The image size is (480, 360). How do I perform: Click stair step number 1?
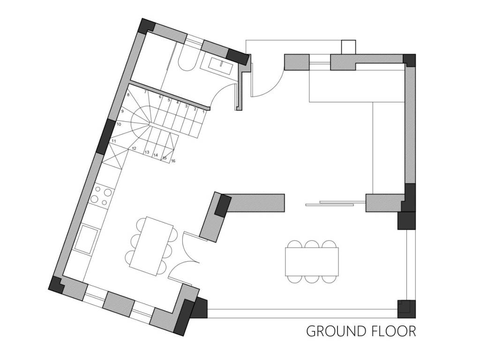coord(203,112)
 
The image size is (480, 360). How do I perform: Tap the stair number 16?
coord(173,161)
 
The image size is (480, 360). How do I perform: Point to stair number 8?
coord(128,95)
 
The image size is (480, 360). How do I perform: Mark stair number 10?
coord(119,124)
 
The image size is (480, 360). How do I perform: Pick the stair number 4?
coord(178,103)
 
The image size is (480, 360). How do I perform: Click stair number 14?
coord(156,155)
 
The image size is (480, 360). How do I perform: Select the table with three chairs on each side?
coord(312,262)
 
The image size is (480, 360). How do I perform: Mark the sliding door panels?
coord(336,203)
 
